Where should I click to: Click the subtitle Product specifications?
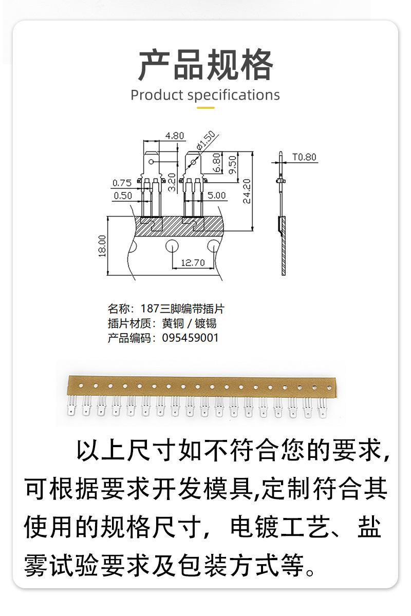[205, 95]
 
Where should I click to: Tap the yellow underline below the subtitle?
[206, 108]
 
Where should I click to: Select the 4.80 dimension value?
[175, 136]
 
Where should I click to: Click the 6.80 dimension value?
[216, 163]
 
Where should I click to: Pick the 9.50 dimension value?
[232, 165]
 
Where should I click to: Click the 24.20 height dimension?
[247, 191]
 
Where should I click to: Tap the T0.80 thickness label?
[305, 157]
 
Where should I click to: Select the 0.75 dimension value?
[122, 183]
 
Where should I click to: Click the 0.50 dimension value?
[122, 196]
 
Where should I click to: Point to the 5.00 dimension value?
[216, 196]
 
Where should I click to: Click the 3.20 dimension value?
[172, 182]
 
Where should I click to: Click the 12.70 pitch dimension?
[193, 263]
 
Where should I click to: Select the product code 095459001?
[190, 338]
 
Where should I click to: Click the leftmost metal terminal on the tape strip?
[71, 406]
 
